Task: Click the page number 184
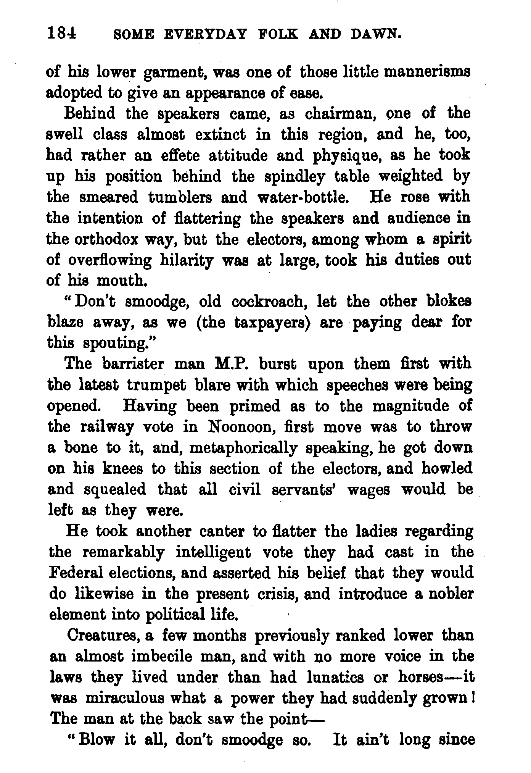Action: pos(62,34)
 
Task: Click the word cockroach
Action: pos(270,302)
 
